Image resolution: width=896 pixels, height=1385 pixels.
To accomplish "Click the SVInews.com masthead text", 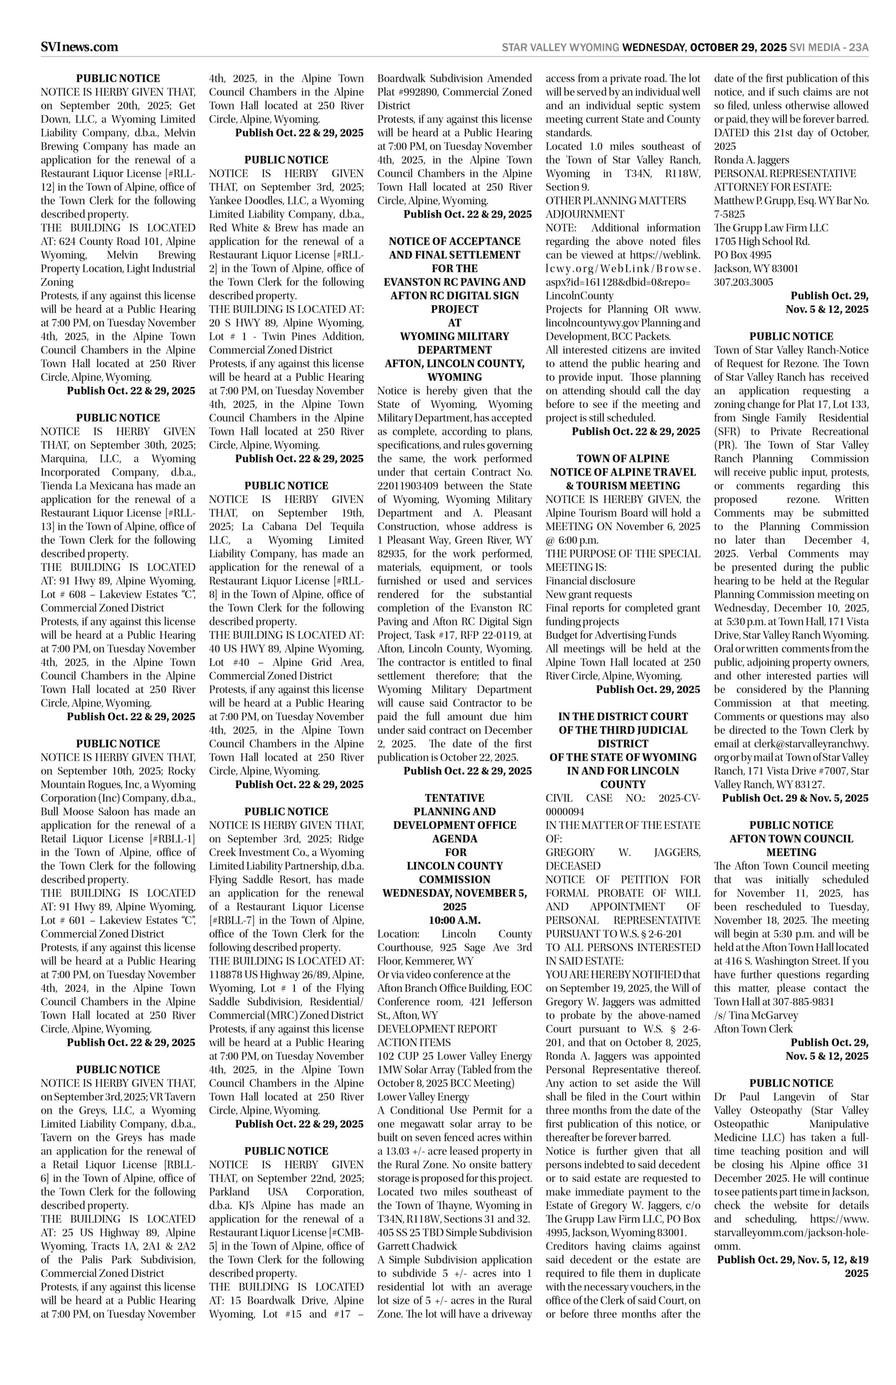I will point(79,47).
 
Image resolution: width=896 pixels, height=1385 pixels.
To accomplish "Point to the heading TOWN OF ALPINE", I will point(623,458).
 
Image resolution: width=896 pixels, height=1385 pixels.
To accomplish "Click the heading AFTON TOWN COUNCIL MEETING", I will point(791,845).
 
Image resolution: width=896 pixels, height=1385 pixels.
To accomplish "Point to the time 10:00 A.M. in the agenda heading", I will point(454,920).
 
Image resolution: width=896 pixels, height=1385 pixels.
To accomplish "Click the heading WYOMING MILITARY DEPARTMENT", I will point(454,343).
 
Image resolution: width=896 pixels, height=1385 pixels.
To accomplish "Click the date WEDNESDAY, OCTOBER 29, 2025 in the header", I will point(704,48).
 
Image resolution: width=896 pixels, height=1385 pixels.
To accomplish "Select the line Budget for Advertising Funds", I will point(611,635).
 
